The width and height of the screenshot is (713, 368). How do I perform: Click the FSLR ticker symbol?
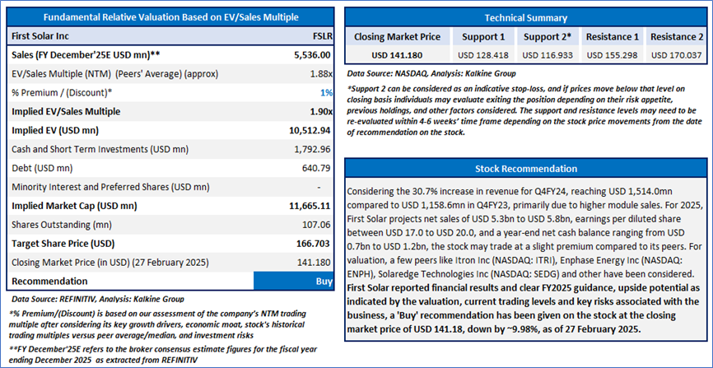pyautogui.click(x=316, y=36)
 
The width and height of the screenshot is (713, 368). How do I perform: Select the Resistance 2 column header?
pyautogui.click(x=677, y=37)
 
